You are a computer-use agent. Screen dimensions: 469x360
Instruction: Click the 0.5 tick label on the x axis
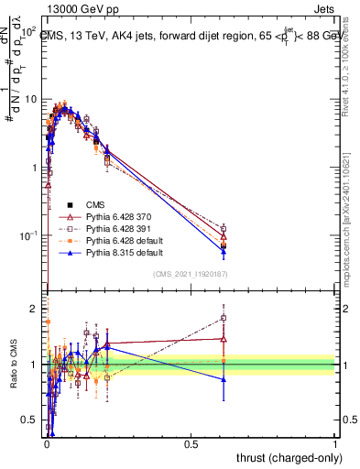191,443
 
